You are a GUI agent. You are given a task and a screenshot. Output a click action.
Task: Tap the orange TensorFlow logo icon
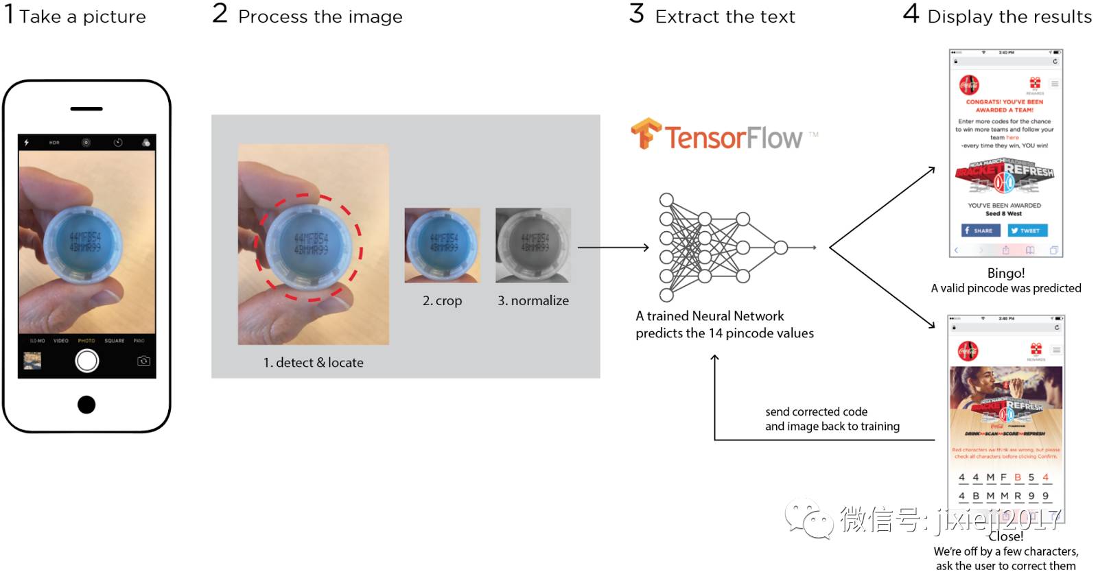pos(645,134)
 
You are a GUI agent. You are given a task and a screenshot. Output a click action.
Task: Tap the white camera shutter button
pos(87,361)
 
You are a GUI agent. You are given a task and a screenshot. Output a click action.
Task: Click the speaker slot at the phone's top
pos(86,109)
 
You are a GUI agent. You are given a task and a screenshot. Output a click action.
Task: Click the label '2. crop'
pos(442,300)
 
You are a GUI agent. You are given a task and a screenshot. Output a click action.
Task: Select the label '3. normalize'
pos(533,300)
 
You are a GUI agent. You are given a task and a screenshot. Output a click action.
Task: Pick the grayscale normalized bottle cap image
pos(533,245)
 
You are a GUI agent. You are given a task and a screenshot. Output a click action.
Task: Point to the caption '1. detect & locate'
pos(313,362)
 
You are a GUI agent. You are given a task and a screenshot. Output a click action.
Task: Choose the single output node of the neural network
pos(780,248)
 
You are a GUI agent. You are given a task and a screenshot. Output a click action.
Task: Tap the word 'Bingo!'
pos(1005,273)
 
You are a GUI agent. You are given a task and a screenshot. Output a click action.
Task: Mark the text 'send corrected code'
pos(816,412)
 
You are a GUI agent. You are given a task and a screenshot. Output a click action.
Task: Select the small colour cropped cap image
pos(442,245)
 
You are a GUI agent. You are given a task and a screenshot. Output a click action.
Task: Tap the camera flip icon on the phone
pos(143,361)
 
